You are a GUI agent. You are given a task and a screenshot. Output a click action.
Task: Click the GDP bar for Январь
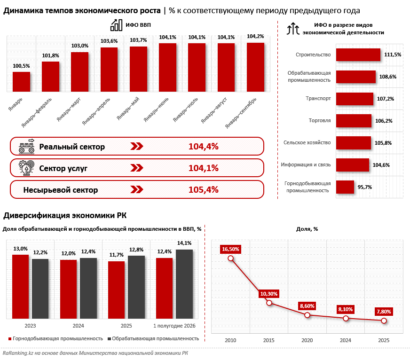[22, 82]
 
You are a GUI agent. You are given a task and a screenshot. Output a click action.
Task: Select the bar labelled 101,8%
[51, 77]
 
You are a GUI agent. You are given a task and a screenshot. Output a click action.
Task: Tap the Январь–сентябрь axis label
[241, 113]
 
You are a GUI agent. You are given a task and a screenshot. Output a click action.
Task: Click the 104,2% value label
[255, 36]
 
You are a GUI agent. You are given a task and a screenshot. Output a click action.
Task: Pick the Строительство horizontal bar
[358, 55]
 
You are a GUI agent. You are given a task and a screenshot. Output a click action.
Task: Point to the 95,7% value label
[365, 187]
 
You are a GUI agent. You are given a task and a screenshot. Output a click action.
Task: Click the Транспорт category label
[318, 98]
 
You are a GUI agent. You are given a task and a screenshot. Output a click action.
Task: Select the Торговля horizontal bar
[354, 121]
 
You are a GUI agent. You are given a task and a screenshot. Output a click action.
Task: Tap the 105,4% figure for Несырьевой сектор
[204, 189]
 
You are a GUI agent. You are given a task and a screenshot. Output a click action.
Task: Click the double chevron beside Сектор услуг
[137, 168]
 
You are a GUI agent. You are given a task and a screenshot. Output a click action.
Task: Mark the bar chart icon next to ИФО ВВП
[116, 25]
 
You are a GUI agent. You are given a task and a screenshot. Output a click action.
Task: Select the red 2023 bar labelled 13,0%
[20, 287]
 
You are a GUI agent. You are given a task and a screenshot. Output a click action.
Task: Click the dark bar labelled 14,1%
[184, 284]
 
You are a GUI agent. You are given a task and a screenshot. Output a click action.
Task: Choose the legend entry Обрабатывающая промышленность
[153, 338]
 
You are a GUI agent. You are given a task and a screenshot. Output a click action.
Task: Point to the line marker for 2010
[230, 258]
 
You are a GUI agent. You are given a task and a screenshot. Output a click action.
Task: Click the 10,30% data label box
[269, 294]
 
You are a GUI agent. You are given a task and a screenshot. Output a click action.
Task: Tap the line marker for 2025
[384, 321]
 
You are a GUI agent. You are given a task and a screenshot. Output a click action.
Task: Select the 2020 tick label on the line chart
[307, 340]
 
